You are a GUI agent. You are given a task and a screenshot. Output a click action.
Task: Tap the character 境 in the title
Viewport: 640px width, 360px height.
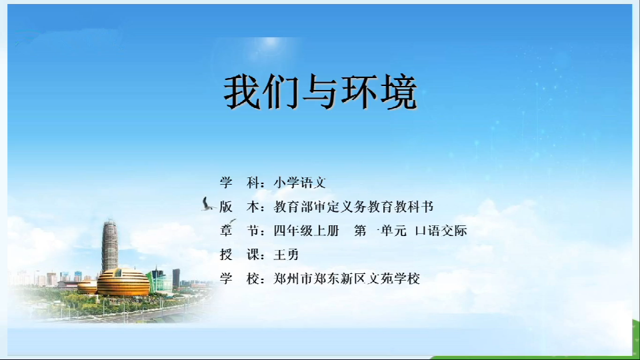[x=399, y=92]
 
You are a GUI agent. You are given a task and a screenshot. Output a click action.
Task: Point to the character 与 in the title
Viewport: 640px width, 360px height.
[x=320, y=92]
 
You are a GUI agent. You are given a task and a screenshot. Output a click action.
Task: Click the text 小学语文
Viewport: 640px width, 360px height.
[x=299, y=183]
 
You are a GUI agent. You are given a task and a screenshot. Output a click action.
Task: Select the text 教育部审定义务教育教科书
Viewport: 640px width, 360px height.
[x=353, y=207]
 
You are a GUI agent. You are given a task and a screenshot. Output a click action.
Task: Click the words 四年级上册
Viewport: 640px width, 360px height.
[x=306, y=231]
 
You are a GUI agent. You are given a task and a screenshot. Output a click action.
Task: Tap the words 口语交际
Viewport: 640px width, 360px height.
[x=441, y=231]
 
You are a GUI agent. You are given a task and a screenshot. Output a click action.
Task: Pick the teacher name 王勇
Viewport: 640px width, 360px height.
[x=286, y=255]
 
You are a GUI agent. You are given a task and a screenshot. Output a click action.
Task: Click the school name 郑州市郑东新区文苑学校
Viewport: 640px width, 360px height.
[x=347, y=279]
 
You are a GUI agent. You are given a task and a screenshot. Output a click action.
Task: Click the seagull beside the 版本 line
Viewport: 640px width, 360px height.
[x=207, y=204]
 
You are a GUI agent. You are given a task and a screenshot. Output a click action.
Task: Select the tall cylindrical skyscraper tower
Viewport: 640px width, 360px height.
[x=109, y=246]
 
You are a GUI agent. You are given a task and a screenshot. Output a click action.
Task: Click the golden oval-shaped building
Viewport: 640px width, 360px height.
[x=123, y=282]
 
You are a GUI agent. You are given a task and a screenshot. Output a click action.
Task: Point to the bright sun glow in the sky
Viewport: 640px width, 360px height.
[x=270, y=44]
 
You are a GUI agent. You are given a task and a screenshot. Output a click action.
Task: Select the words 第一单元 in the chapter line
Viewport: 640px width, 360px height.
[x=381, y=231]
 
